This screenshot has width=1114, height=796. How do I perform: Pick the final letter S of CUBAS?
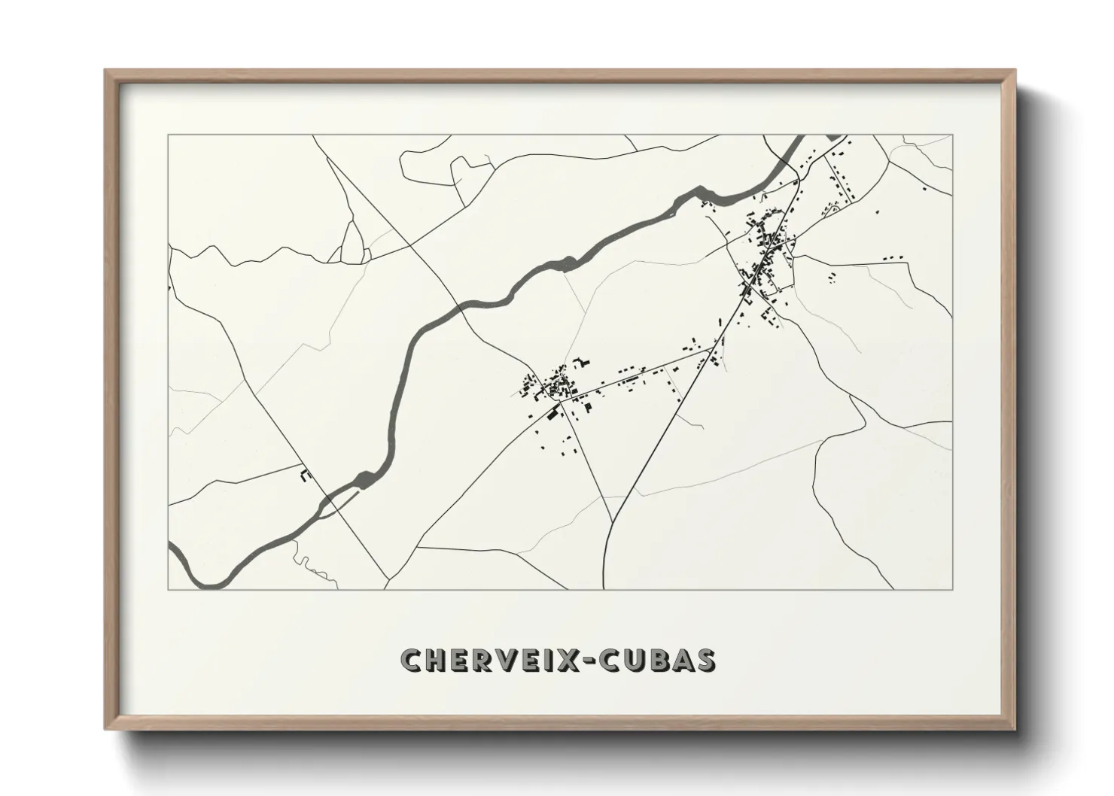coord(705,660)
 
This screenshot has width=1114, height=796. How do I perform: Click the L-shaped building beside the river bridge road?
coord(306,475)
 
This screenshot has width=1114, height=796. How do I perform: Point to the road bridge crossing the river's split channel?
coord(329,500)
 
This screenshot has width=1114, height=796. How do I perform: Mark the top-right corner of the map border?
coord(952,135)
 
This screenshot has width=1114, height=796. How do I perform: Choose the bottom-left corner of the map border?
coord(169,589)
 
